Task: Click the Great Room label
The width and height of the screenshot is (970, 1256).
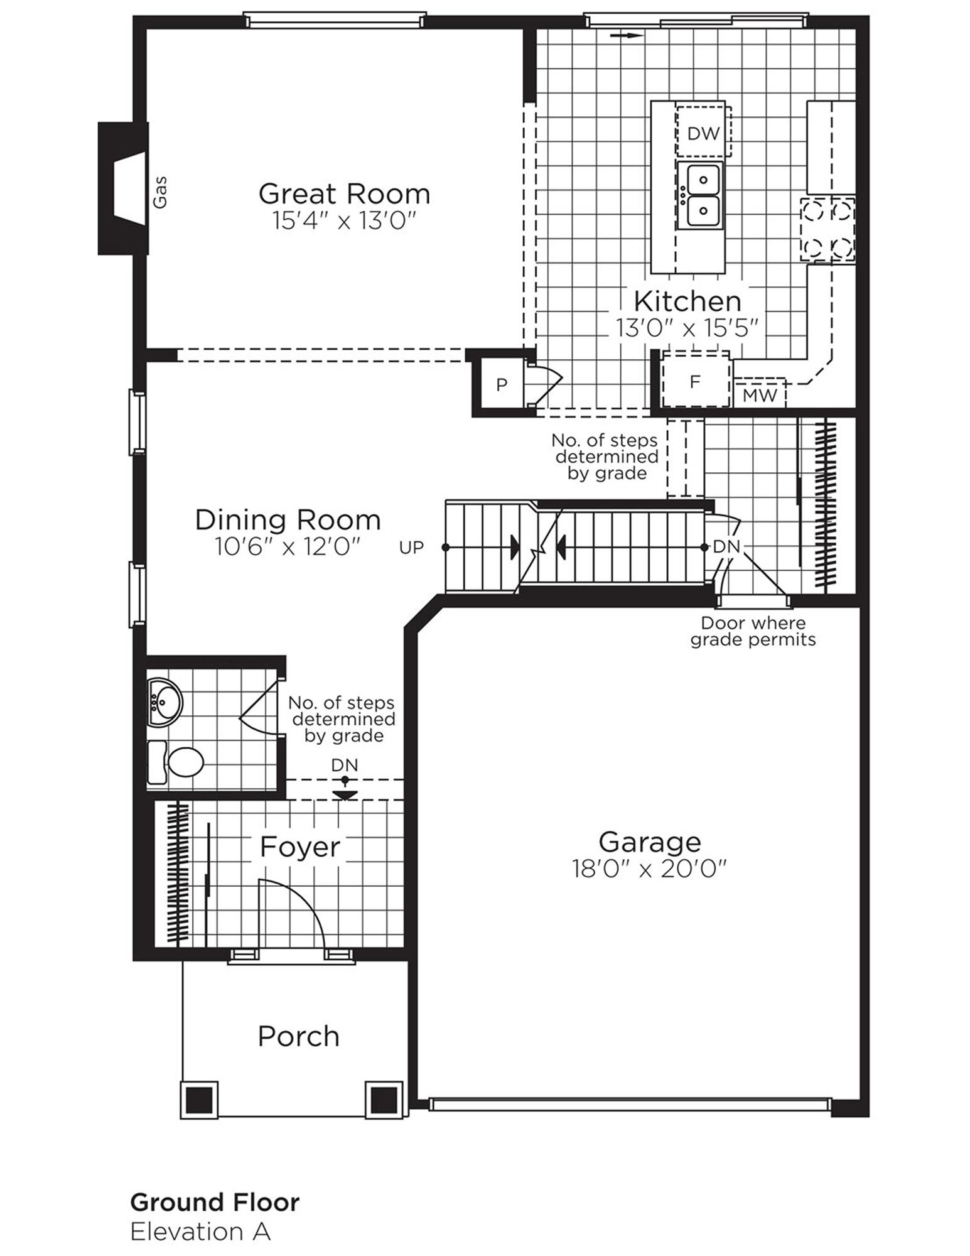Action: (x=344, y=193)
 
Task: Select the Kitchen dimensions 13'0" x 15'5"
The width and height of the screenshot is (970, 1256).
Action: (x=688, y=328)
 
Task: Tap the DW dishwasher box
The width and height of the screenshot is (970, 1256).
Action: (x=703, y=133)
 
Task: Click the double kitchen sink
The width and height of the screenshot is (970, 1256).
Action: (x=700, y=195)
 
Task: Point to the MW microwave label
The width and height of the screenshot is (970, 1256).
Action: (x=760, y=395)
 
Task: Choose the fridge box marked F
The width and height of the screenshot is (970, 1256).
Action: (x=695, y=381)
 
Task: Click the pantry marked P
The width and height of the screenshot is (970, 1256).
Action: (x=500, y=384)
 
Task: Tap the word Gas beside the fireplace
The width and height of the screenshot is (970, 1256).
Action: (x=161, y=192)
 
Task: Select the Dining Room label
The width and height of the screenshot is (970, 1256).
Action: (x=288, y=520)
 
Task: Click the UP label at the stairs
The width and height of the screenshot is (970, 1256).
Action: (x=411, y=548)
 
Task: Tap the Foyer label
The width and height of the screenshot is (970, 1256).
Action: (x=299, y=847)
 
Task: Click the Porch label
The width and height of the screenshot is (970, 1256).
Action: (x=298, y=1036)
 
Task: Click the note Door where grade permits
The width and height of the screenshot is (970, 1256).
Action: (x=753, y=632)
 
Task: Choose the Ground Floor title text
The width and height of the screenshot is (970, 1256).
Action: (x=215, y=1202)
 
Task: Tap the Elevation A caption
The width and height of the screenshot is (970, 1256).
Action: (x=200, y=1232)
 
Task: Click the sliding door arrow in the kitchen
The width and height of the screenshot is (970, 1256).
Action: (x=626, y=36)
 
